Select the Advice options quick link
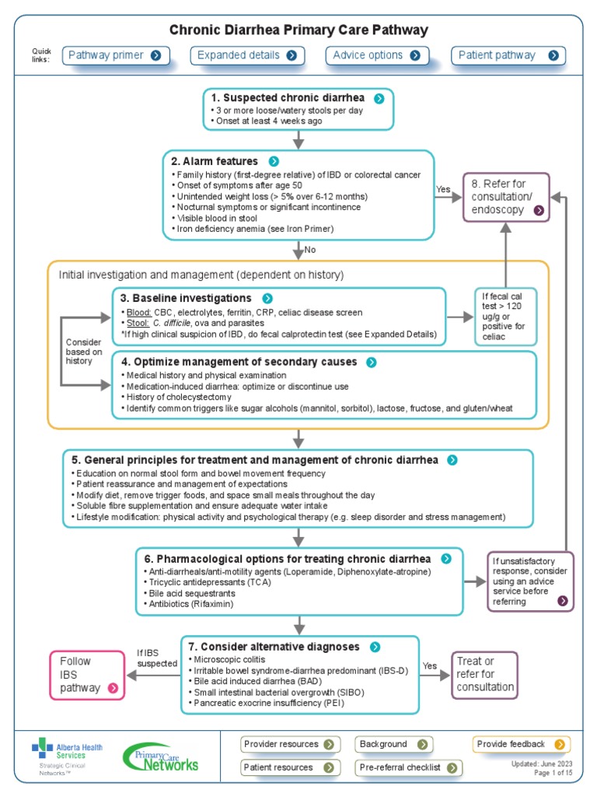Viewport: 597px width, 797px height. click(376, 55)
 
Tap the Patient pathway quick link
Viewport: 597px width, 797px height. click(508, 55)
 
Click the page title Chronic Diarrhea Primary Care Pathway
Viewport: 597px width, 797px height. click(299, 30)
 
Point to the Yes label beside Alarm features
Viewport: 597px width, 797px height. click(443, 189)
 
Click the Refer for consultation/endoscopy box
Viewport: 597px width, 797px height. click(506, 196)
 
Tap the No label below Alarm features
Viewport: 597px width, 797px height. click(310, 251)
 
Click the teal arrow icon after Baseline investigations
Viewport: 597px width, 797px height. click(267, 298)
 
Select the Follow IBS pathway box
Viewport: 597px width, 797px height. click(86, 674)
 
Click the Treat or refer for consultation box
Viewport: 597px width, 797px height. click(485, 674)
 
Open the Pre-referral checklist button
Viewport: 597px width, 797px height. click(408, 767)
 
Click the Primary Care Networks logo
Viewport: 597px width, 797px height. click(161, 757)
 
